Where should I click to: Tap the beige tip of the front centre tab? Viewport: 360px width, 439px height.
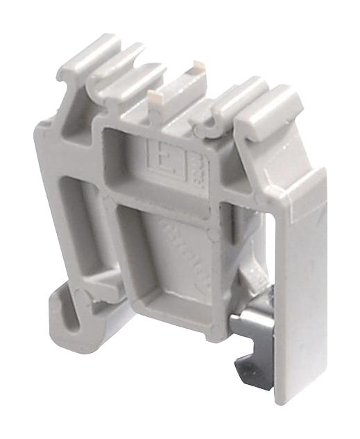click(154, 92)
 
